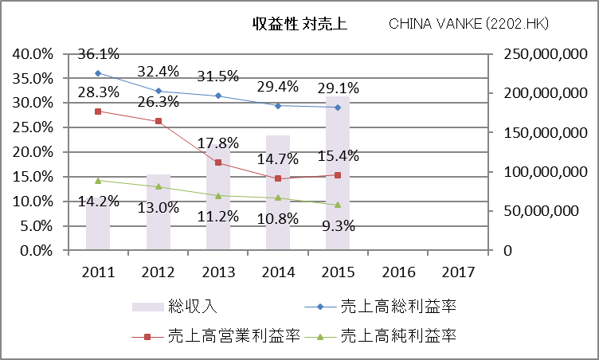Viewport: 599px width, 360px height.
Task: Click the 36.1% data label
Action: [x=99, y=54]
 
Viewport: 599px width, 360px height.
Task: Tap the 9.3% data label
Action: [x=338, y=225]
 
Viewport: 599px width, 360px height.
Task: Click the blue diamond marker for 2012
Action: [x=158, y=91]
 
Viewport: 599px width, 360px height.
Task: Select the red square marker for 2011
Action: [x=98, y=112]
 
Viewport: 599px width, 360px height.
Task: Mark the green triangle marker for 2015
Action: [x=338, y=205]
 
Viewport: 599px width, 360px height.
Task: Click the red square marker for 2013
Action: [x=217, y=162]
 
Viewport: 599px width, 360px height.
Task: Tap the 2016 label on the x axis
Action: [x=397, y=272]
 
